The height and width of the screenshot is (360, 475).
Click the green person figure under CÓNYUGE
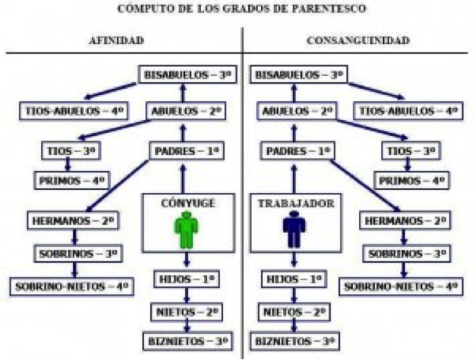187,229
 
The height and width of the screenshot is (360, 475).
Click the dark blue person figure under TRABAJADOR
294,229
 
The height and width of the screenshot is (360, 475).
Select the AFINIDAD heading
117,40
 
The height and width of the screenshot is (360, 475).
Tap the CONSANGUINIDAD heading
358,40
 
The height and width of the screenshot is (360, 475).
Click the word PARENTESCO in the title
329,8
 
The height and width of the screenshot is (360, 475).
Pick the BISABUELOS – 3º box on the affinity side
187,74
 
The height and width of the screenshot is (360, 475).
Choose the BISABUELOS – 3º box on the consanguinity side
298,74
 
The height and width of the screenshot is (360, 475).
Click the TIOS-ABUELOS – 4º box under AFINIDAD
74,111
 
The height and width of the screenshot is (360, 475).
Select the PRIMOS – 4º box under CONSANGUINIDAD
412,181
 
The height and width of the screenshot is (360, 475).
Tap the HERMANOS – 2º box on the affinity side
73,220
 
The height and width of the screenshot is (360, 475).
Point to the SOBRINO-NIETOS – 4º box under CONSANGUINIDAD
401,286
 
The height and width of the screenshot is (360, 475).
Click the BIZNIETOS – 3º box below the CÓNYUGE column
188,341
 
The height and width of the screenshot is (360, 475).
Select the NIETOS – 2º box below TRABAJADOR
294,312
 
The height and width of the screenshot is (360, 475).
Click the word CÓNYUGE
188,203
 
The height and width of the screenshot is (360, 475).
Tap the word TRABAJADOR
296,204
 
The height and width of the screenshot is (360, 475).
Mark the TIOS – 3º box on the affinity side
71,150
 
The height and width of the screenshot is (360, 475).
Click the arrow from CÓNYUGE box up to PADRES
183,178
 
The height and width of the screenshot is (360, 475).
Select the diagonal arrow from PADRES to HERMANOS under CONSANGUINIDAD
365,185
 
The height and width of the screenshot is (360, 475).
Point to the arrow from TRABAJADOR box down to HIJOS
294,261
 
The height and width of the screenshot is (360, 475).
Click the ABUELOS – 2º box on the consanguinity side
297,111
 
